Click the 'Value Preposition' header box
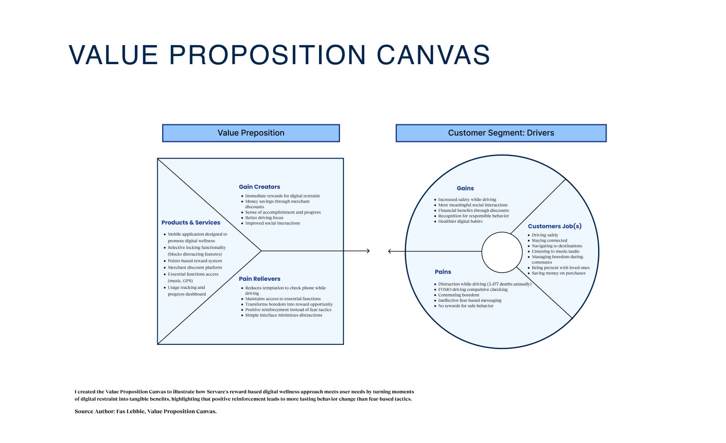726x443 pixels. click(251, 133)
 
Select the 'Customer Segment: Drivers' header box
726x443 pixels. click(501, 133)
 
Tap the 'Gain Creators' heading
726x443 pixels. click(259, 187)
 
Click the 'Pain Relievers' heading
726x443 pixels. click(259, 279)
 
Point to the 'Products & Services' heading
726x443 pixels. click(191, 223)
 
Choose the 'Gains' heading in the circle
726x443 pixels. click(465, 188)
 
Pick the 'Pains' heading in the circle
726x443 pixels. click(443, 272)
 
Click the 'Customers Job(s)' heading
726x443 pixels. click(555, 226)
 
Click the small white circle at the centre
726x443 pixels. click(502, 252)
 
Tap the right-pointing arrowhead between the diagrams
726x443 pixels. click(367, 251)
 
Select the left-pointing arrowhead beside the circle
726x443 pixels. click(390, 251)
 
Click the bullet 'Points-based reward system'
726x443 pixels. click(195, 261)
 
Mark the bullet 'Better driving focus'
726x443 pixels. click(264, 218)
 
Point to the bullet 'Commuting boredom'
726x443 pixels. click(459, 295)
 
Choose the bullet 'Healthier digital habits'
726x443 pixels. click(460, 221)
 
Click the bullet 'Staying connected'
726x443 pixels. click(549, 240)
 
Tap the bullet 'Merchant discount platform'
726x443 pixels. click(195, 267)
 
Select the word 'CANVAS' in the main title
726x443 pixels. click(433, 55)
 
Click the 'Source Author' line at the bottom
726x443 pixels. click(146, 412)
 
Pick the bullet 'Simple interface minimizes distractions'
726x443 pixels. click(284, 316)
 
